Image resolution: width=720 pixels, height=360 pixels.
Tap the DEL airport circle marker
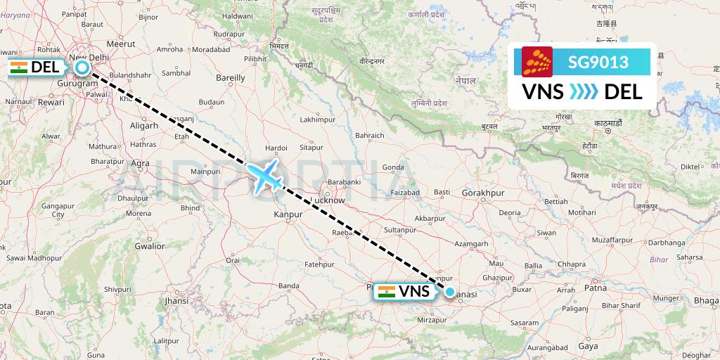point(83,67)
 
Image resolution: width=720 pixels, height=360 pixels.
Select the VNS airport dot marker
point(449,291)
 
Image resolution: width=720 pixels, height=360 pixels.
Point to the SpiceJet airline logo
point(537,62)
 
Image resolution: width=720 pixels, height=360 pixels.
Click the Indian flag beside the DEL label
point(19,67)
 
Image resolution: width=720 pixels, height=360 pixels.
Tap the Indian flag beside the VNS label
point(386,291)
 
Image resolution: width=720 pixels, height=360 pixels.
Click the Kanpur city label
point(289,213)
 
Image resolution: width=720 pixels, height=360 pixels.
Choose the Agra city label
point(141,163)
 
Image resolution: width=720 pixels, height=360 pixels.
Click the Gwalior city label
point(149,246)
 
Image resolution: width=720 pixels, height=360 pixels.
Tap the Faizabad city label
point(404,191)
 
